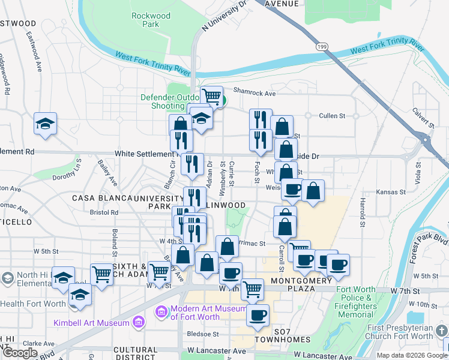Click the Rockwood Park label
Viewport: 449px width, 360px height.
pos(147,20)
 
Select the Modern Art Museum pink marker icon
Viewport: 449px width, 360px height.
pos(160,311)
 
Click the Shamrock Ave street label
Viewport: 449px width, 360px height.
pos(254,93)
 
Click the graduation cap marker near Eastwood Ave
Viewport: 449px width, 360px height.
pos(45,124)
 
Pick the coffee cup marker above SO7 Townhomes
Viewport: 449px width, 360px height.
pos(258,314)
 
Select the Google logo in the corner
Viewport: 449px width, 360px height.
pos(20,353)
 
